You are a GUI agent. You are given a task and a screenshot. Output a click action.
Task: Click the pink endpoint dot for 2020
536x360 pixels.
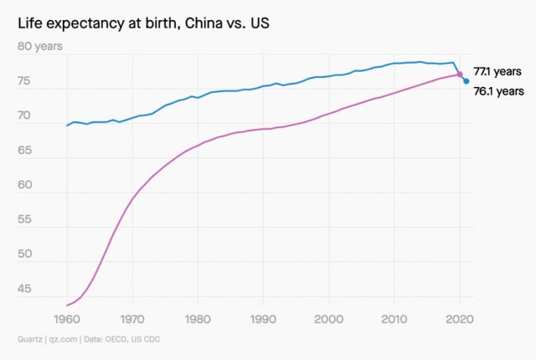pos(460,75)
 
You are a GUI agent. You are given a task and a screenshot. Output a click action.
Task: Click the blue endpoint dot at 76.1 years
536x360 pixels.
pos(466,81)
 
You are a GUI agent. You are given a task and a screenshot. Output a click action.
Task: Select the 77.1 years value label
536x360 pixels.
pos(497,71)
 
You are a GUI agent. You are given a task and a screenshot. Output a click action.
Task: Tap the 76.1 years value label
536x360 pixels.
pos(499,91)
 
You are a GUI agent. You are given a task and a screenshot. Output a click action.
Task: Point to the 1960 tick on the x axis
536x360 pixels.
pos(67,319)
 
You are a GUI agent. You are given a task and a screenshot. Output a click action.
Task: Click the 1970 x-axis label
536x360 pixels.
pos(132,319)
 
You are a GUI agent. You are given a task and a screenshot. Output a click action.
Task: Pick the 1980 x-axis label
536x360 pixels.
pos(198,319)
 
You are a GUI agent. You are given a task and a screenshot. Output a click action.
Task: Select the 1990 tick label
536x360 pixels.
pos(263,319)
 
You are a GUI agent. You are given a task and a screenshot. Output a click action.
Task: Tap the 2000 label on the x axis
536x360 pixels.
pos(328,319)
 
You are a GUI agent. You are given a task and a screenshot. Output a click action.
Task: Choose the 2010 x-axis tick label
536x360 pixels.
pos(394,319)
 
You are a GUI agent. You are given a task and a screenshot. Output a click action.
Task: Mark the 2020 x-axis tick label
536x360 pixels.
pos(460,319)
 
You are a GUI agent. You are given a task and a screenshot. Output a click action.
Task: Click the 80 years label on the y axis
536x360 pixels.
pos(40,46)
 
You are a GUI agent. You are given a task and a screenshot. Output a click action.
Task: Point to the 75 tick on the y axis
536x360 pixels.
pos(24,81)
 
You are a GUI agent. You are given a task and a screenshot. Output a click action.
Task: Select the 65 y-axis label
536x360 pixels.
pos(24,151)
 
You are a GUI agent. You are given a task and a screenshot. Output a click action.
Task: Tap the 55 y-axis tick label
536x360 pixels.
pos(24,219)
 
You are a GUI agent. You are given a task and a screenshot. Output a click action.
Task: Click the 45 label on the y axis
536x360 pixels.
pos(24,289)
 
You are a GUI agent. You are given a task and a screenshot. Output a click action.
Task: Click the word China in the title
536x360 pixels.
pos(201,23)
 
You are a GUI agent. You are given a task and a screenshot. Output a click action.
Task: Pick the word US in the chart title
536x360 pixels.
pos(260,23)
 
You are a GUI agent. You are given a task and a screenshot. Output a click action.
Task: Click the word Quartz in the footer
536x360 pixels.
pos(30,339)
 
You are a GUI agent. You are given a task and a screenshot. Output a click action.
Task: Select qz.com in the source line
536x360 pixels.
pos(63,340)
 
